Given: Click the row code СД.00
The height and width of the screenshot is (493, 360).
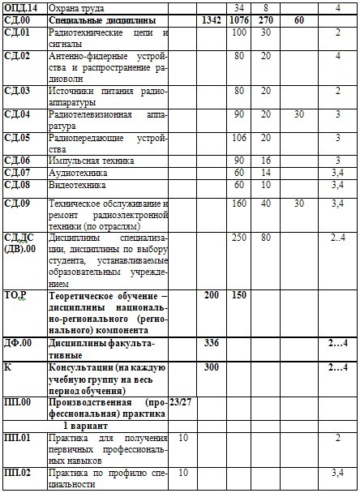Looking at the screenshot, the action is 17,19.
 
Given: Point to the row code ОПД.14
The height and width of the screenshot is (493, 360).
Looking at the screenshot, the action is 20,7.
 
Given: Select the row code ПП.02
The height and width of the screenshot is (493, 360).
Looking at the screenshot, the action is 18,472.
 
